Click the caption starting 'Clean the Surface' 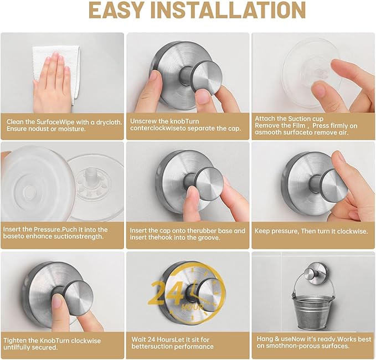pos(61,125)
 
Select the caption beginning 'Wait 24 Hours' pos(172,342)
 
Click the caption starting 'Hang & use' pos(308,342)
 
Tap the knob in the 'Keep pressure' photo pos(332,184)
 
